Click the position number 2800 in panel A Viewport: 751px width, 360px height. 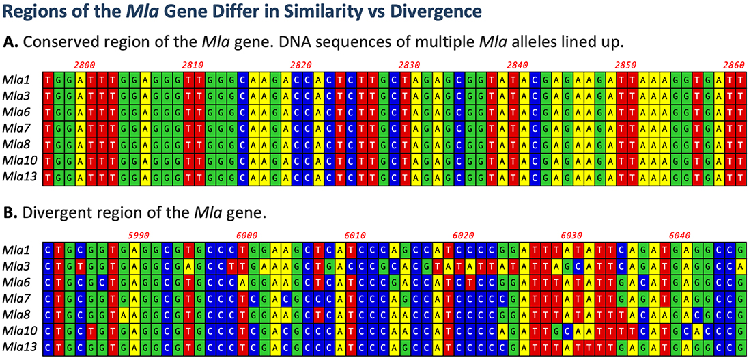tap(85, 64)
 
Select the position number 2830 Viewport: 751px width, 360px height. tap(409, 64)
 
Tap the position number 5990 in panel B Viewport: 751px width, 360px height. tap(139, 234)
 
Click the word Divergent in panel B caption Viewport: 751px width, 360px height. tap(54, 212)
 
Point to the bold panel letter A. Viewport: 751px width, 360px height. tap(10, 42)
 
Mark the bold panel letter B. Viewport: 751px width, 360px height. tap(10, 212)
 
